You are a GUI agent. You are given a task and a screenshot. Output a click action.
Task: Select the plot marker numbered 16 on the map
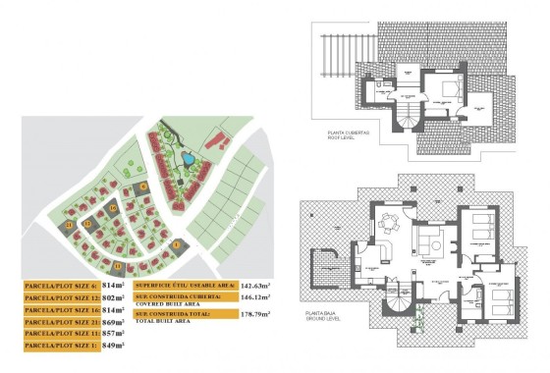113,208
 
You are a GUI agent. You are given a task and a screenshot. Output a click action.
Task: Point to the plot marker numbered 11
118,266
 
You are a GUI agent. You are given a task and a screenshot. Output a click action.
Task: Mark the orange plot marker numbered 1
177,244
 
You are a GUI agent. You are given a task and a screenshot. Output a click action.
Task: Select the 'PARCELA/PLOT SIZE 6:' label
60,285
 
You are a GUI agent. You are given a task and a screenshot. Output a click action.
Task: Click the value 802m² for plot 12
114,296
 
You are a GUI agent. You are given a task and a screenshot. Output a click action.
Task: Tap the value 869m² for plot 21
114,321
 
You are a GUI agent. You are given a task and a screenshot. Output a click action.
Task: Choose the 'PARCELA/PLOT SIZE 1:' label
60,346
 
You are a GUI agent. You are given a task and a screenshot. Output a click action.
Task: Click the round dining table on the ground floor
390,221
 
